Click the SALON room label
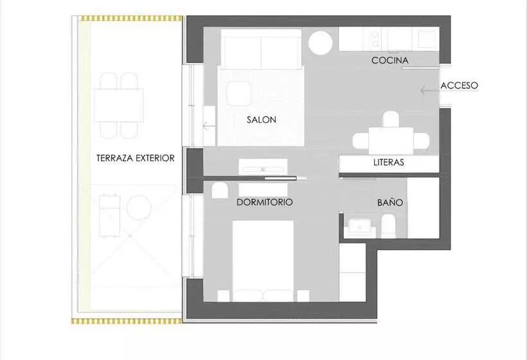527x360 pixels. [262, 120]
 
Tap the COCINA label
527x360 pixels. [390, 60]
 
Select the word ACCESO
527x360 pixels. [459, 85]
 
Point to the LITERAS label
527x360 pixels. [389, 163]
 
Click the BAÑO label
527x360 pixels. [390, 203]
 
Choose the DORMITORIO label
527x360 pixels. [265, 202]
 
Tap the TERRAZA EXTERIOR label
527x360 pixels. [136, 158]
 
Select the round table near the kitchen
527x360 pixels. [320, 42]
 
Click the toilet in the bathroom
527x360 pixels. [389, 226]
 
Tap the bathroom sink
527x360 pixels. [360, 228]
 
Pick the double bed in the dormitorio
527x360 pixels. [263, 261]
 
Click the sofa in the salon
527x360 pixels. [261, 49]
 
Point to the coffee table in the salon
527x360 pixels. [239, 94]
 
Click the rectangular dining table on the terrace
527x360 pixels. [119, 105]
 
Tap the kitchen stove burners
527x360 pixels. [375, 39]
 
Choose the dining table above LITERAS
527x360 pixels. [391, 141]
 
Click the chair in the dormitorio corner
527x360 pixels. [220, 190]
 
